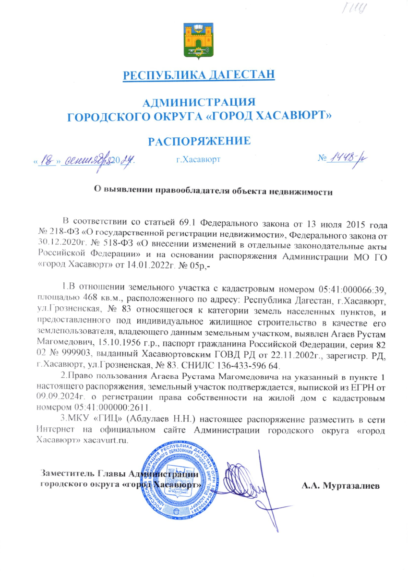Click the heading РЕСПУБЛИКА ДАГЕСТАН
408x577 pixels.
point(199,76)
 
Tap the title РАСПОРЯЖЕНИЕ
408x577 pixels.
point(199,141)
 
